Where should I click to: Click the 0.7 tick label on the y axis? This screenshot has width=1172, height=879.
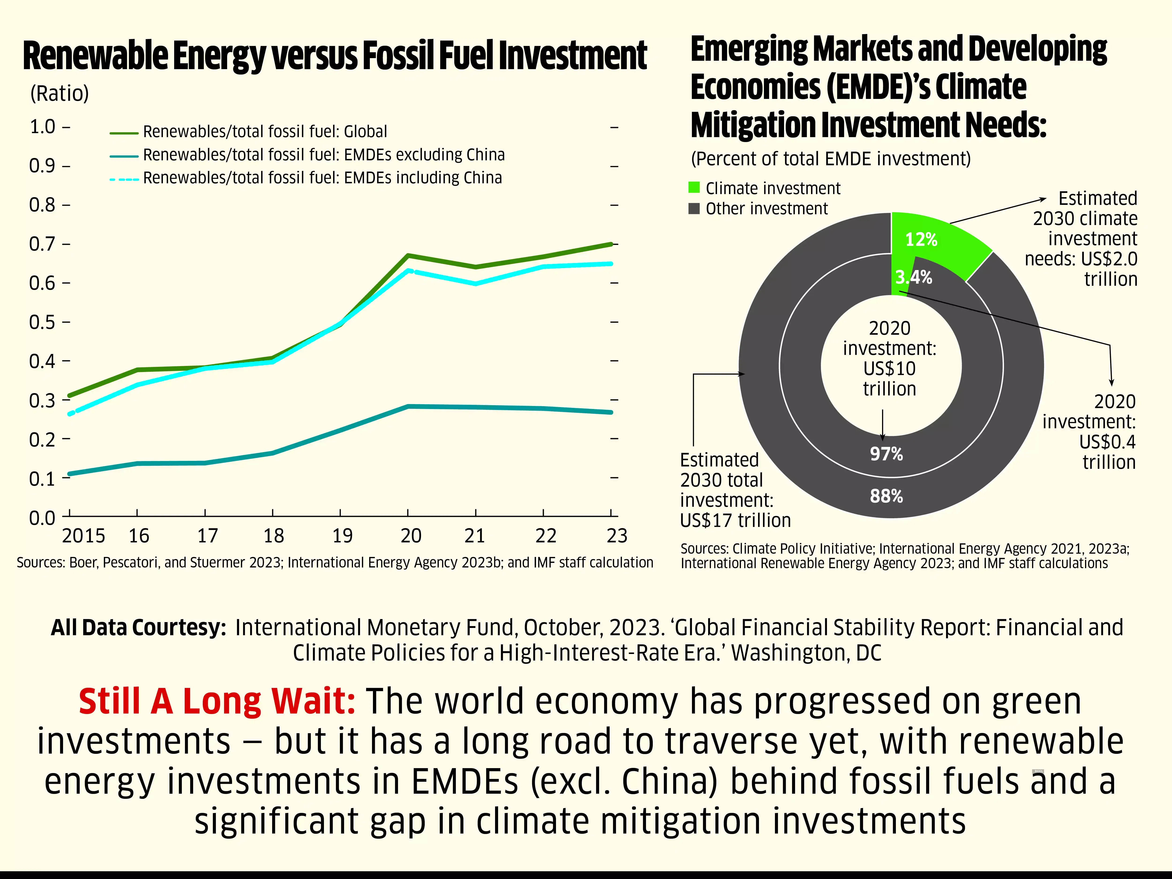[x=42, y=244]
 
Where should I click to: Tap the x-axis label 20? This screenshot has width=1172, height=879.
[x=411, y=536]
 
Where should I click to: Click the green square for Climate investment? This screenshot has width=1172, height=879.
[x=694, y=188]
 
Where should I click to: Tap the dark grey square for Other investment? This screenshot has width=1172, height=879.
[x=694, y=208]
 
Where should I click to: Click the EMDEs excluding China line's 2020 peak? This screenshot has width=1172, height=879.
[x=408, y=406]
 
